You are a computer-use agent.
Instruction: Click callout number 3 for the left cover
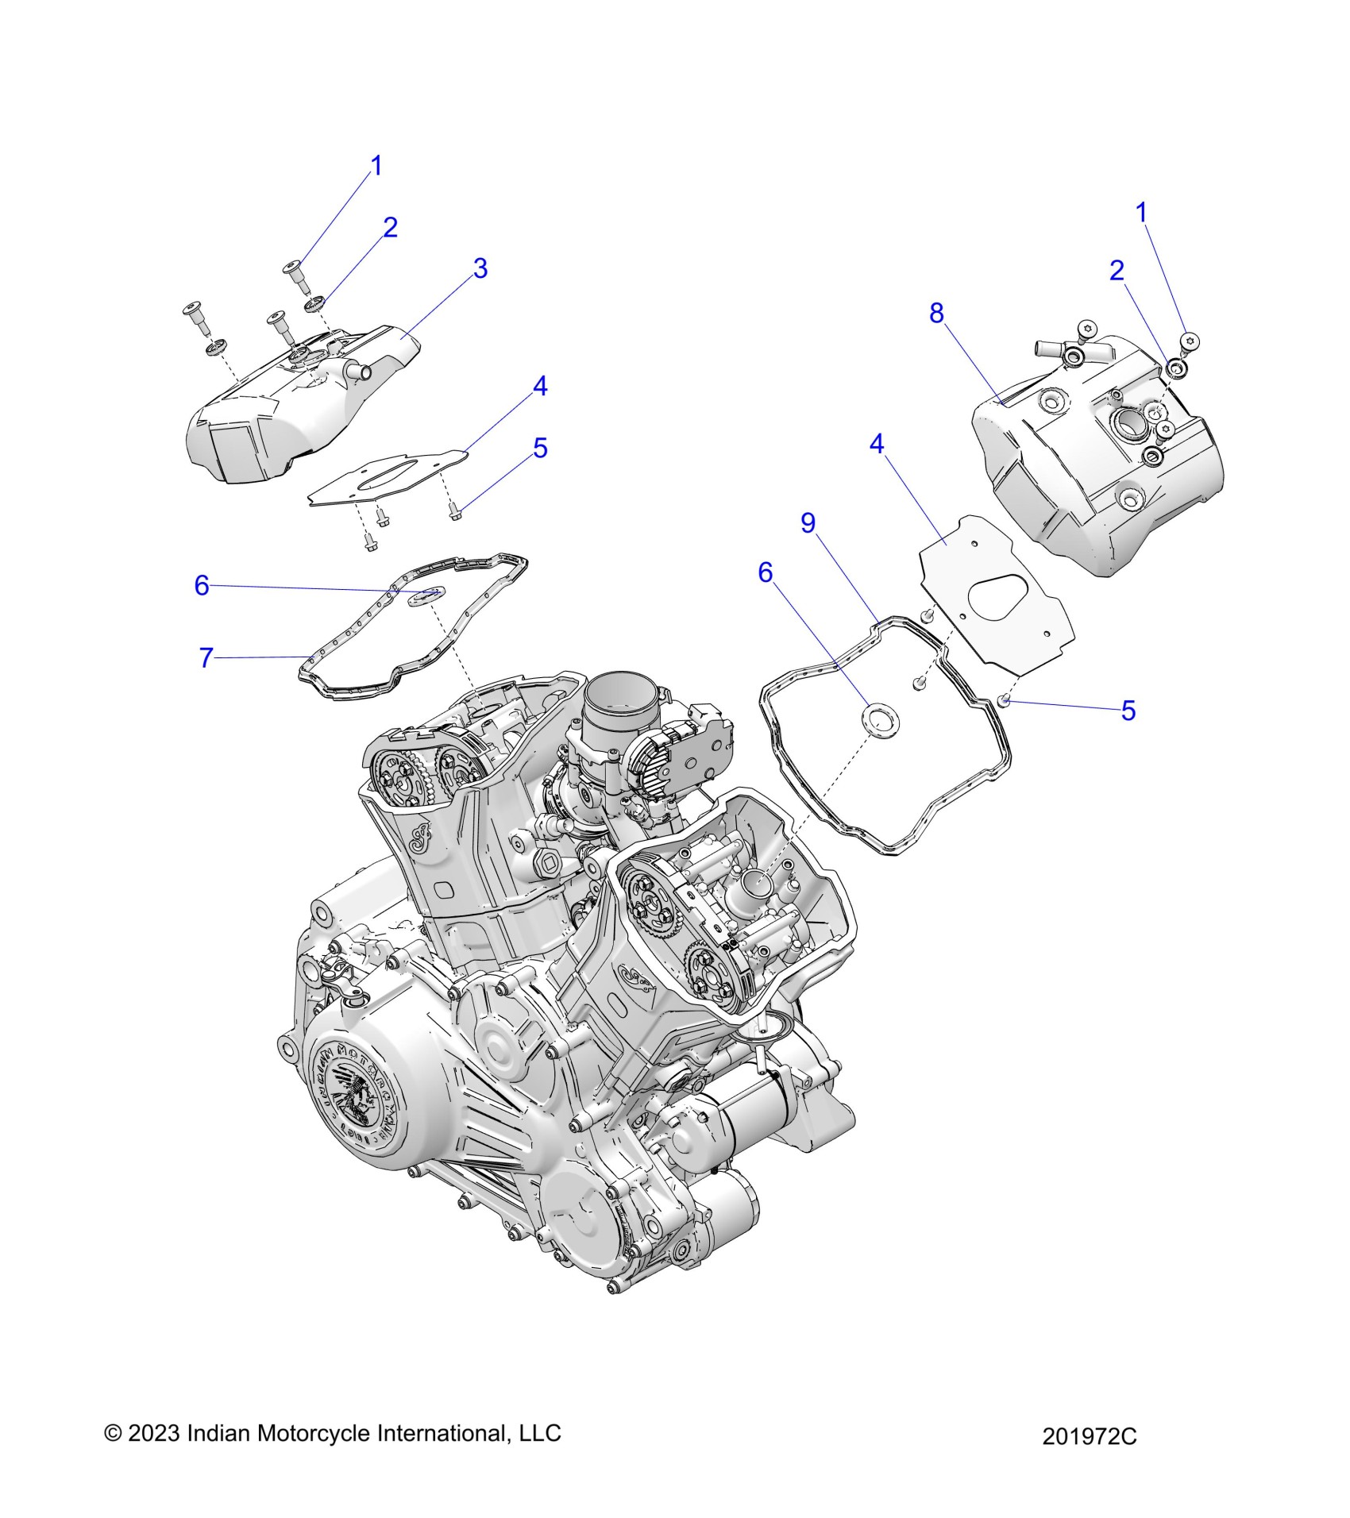(480, 268)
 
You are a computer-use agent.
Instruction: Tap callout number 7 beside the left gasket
(206, 657)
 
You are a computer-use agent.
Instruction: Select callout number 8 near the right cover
(937, 314)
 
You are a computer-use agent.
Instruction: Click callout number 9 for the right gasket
(808, 522)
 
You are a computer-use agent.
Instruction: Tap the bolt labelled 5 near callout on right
(1004, 699)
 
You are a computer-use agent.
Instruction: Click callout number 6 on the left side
(202, 586)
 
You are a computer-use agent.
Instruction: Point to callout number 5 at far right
(1128, 711)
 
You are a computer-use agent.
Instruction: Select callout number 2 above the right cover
(1117, 271)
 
